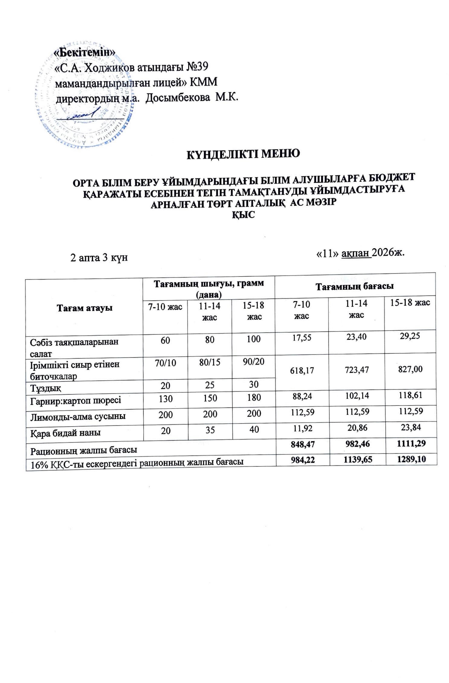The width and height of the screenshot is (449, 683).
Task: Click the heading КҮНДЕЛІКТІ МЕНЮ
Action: tap(243, 154)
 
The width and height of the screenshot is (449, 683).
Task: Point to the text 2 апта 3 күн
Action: tap(99, 258)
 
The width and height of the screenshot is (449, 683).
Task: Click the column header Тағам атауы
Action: tap(85, 308)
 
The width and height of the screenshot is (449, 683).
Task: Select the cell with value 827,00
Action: tap(410, 369)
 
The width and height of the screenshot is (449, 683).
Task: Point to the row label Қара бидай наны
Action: tap(65, 433)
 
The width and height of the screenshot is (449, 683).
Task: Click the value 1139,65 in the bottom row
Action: tap(356, 460)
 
